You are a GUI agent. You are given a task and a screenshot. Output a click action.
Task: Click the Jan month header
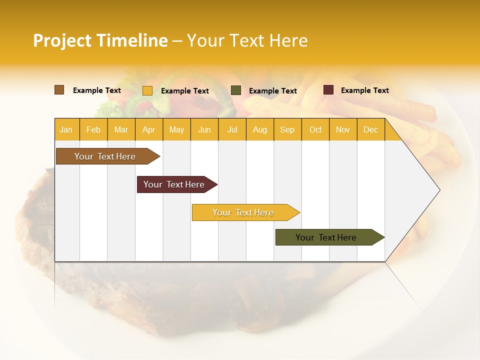66,130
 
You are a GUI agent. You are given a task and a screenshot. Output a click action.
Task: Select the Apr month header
148,130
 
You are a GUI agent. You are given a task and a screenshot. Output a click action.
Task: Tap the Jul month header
232,130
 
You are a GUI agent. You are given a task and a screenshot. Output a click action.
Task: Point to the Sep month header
287,130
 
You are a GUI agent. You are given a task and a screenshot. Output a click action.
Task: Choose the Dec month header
370,130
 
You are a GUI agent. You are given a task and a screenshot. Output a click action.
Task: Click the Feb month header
93,130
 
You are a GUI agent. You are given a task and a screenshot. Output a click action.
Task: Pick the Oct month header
315,130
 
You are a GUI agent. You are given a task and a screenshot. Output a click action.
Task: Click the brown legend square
59,90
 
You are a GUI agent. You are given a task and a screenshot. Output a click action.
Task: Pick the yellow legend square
147,90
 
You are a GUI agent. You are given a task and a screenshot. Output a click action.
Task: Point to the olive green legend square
236,90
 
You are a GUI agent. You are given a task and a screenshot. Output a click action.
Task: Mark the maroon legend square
328,90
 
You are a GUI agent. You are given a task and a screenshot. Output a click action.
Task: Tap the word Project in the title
62,40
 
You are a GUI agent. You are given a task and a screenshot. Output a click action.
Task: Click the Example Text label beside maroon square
364,90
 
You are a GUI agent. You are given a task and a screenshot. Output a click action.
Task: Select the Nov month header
343,130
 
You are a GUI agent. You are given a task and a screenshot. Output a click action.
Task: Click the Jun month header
204,130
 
